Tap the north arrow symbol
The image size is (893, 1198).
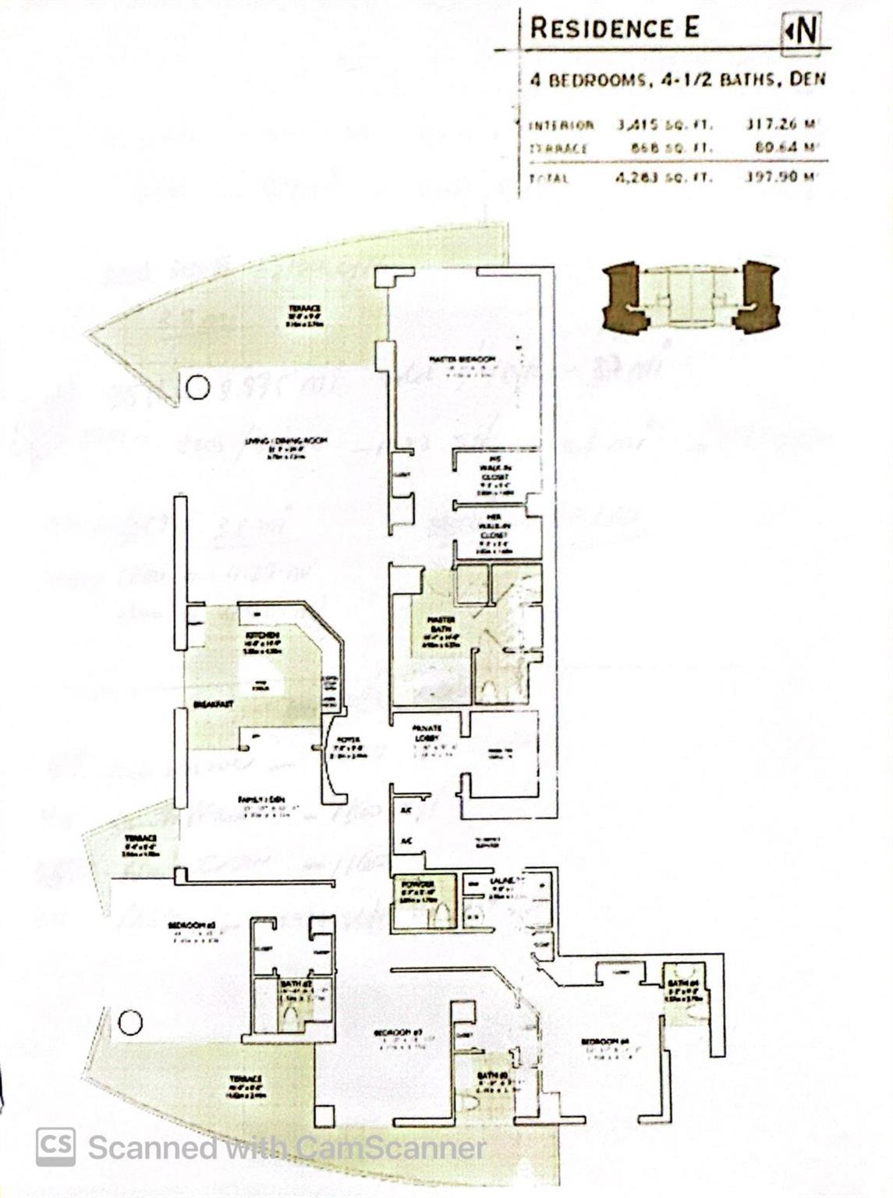pyautogui.click(x=801, y=30)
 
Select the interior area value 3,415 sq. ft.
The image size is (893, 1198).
pyautogui.click(x=664, y=125)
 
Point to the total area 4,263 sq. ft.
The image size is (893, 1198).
pyautogui.click(x=664, y=178)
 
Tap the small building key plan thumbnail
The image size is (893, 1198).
pyautogui.click(x=690, y=297)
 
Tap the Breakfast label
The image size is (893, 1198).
pyautogui.click(x=214, y=704)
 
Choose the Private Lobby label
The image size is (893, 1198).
pyautogui.click(x=427, y=732)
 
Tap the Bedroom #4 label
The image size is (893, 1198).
pyautogui.click(x=604, y=1042)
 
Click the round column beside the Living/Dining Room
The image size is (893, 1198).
pyautogui.click(x=197, y=387)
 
